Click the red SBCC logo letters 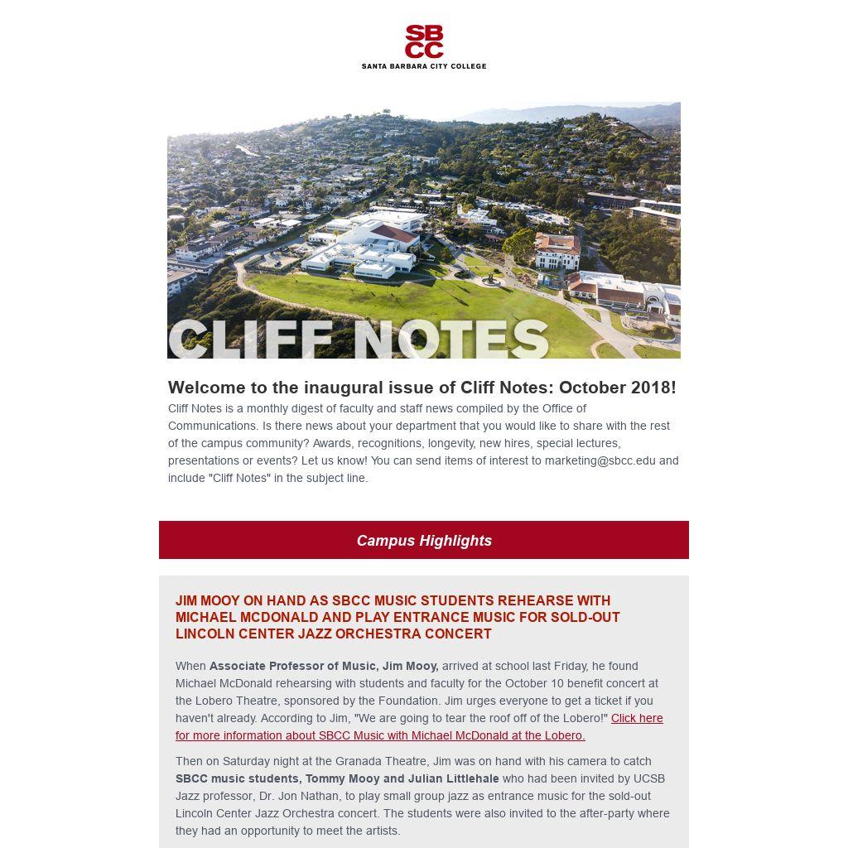click(x=424, y=41)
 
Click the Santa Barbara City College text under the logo click(x=424, y=66)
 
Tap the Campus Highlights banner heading click(x=424, y=541)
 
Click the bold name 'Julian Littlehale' click(x=454, y=778)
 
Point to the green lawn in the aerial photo click(x=414, y=298)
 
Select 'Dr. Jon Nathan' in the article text click(x=299, y=796)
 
